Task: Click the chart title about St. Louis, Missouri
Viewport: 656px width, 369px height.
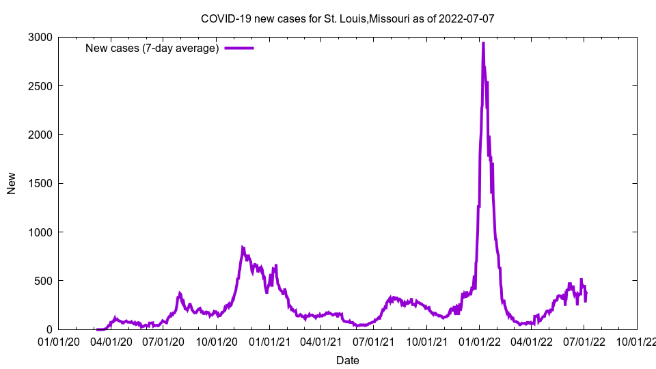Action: click(347, 18)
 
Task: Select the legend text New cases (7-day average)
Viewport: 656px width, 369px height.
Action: click(152, 48)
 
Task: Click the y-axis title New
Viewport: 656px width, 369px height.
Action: click(12, 183)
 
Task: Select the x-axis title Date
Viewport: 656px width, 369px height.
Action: click(347, 360)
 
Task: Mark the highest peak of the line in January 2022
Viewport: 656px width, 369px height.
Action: click(483, 43)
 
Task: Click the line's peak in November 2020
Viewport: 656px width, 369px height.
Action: click(243, 247)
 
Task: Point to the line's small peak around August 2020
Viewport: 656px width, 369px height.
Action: click(180, 293)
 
